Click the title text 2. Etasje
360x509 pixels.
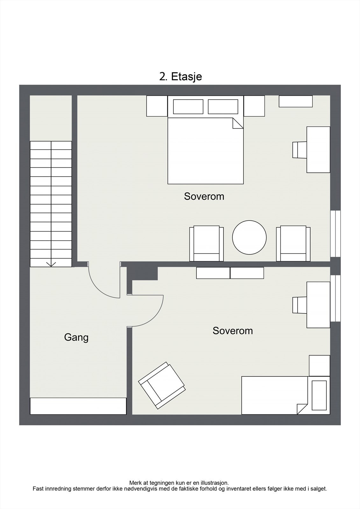(180, 77)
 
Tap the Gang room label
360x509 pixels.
(76, 337)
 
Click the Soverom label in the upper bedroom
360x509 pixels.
(204, 196)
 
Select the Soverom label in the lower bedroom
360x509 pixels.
(233, 331)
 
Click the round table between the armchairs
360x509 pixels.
(249, 237)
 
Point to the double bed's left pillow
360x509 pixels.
(188, 107)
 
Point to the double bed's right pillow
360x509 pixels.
(223, 107)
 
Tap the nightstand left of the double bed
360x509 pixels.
(157, 106)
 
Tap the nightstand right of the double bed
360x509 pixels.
(254, 106)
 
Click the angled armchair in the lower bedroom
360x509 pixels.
(162, 385)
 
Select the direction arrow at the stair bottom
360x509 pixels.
(51, 264)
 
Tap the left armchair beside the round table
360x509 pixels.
(206, 243)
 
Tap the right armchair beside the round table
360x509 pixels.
(293, 243)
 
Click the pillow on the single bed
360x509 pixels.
(319, 395)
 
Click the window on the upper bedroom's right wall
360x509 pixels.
(335, 234)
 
